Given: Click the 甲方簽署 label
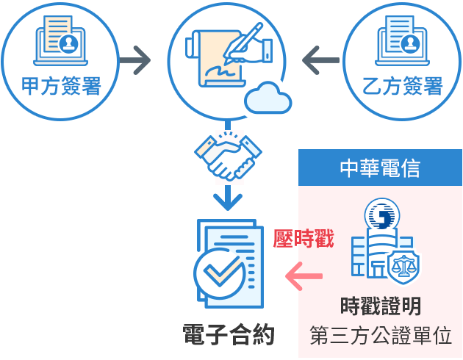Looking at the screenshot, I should pyautogui.click(x=60, y=87).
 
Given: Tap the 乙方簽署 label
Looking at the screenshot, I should pyautogui.click(x=403, y=87).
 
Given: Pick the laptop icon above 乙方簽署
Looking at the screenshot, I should pyautogui.click(x=403, y=40).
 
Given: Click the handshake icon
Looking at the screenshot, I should pyautogui.click(x=228, y=155).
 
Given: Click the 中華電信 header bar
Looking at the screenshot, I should pyautogui.click(x=380, y=168).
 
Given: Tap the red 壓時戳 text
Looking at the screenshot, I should pyautogui.click(x=303, y=239).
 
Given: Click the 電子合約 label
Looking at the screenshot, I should pyautogui.click(x=229, y=334).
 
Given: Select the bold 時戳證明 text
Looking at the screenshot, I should pyautogui.click(x=381, y=305).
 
